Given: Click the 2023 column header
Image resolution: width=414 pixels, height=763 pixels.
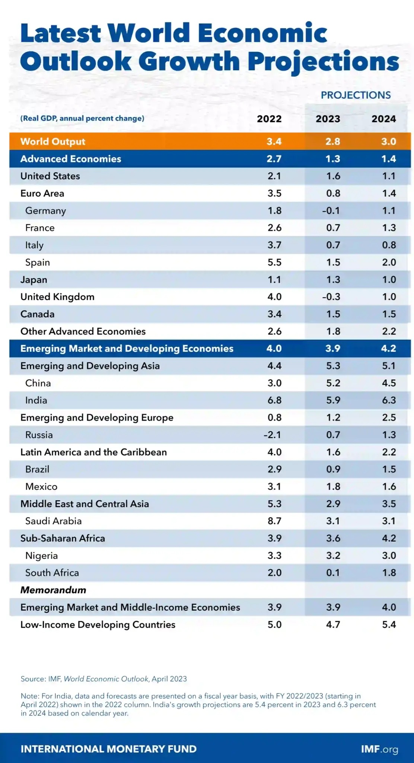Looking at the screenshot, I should [x=328, y=119].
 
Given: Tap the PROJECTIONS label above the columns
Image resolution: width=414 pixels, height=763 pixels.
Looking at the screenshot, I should [x=356, y=95].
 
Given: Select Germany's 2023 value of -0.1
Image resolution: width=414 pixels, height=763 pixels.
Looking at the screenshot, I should [x=331, y=210].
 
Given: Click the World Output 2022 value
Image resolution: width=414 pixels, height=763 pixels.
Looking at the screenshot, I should [x=274, y=142].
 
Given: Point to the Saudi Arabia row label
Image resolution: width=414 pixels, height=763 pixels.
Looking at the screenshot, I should [x=53, y=521].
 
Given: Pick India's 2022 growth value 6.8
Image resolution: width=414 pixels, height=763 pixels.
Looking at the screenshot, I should [x=274, y=400].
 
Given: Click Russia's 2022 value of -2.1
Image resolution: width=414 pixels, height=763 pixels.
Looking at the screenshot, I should [x=272, y=435].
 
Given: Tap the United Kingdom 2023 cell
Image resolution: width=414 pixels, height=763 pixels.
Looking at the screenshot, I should [x=331, y=297].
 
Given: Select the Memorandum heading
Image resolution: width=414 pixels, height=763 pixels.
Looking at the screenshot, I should [x=53, y=590].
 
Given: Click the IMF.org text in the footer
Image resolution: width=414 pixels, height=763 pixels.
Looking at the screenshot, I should [x=379, y=749].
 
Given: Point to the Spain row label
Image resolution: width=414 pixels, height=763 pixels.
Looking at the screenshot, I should [x=37, y=262].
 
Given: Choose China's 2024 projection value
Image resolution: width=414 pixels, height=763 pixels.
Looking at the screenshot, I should [x=389, y=383].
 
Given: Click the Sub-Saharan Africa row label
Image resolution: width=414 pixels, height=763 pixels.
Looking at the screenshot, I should [x=63, y=538].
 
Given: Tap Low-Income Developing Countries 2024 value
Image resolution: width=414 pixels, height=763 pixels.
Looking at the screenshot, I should [x=389, y=624].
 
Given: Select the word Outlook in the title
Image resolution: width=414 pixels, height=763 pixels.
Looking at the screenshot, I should [x=76, y=61].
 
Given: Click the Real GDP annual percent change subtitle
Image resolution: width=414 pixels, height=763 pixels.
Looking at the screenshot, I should [x=82, y=118].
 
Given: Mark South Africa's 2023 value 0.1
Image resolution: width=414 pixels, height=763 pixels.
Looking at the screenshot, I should [x=333, y=573].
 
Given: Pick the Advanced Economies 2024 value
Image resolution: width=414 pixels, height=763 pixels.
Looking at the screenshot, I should [x=388, y=159].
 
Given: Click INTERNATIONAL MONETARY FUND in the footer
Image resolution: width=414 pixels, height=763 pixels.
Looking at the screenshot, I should [x=108, y=749].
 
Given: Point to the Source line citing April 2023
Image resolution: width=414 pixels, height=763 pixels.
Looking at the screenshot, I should [x=103, y=679].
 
